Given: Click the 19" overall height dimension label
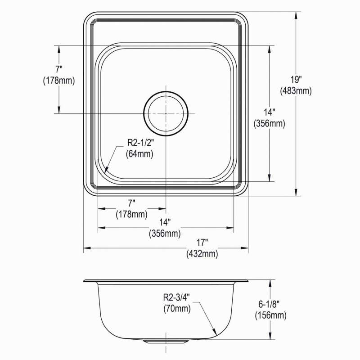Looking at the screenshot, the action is click(x=296, y=80).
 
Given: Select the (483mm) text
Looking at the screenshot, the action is click(x=296, y=91).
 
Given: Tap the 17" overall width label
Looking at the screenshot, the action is click(x=202, y=242).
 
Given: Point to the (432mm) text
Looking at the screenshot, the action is click(x=202, y=254).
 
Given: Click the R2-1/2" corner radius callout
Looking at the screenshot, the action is click(x=140, y=143).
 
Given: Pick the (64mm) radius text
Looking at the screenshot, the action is click(x=139, y=154).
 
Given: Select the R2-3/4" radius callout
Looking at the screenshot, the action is click(x=176, y=297).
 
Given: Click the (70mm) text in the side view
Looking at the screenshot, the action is click(x=177, y=309).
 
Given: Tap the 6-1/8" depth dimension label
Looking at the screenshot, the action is click(x=269, y=304).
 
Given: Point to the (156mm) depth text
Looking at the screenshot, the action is click(x=271, y=315).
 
